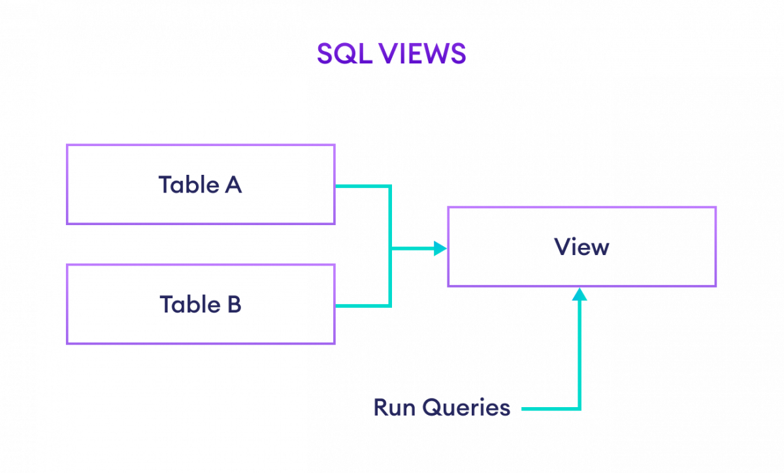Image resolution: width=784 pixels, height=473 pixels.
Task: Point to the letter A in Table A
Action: [233, 185]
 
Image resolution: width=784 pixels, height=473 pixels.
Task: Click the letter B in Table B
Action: [234, 304]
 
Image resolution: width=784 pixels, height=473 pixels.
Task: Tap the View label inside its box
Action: [581, 247]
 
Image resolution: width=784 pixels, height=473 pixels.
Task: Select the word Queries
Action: [466, 408]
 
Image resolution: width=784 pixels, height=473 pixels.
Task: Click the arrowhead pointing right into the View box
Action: [441, 248]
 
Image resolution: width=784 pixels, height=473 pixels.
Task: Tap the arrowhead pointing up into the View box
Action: [580, 294]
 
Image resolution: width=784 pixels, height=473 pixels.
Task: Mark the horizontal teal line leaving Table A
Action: [363, 186]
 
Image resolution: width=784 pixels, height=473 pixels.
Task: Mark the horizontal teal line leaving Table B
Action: [363, 305]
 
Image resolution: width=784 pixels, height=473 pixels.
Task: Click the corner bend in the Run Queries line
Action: [580, 409]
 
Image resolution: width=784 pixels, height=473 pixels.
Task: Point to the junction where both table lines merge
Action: [391, 248]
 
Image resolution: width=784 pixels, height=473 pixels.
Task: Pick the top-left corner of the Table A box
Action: [67, 145]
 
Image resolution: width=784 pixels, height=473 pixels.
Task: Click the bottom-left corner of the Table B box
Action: [67, 343]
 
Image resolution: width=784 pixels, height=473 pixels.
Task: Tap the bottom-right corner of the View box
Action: [716, 286]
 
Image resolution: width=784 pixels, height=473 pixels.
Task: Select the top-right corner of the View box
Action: [716, 207]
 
